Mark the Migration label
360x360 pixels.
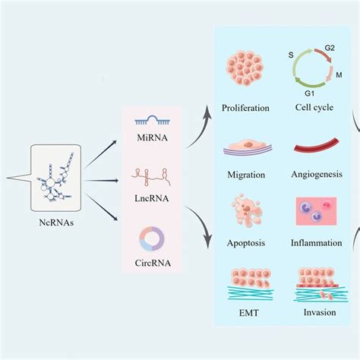246,175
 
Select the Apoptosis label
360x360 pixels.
246,243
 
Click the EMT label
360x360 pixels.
246,311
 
